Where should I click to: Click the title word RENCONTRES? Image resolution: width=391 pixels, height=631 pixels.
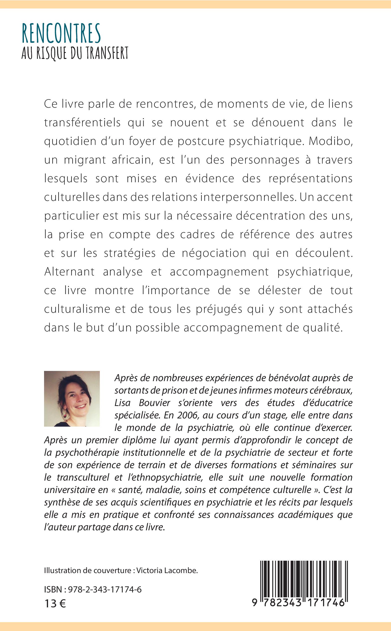coord(61,34)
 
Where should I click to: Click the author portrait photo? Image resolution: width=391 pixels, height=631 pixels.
coord(72,399)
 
